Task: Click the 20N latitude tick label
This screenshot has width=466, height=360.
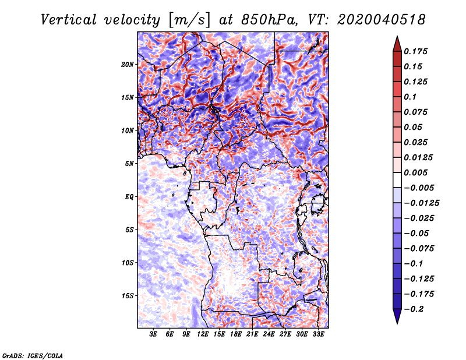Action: click(128, 64)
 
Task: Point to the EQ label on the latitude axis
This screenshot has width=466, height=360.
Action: click(129, 197)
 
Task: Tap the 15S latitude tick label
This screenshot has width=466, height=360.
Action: click(128, 296)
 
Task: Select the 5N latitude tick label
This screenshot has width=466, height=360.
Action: click(129, 164)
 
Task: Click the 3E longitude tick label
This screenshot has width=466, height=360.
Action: click(154, 335)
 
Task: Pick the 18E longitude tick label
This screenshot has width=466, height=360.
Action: click(236, 335)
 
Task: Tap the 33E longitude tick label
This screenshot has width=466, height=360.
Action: click(319, 335)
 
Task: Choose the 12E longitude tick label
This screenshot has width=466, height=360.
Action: click(203, 335)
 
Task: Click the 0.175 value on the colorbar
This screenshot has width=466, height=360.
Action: click(416, 51)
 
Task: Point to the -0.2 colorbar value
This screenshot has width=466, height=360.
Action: click(415, 309)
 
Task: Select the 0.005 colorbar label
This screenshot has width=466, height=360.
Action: click(416, 172)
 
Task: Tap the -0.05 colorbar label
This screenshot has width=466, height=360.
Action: click(416, 233)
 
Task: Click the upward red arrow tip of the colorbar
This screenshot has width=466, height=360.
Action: click(396, 38)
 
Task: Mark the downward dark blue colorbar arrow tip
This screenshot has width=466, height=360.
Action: click(396, 321)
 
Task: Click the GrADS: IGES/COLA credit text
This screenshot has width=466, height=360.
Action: click(32, 355)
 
